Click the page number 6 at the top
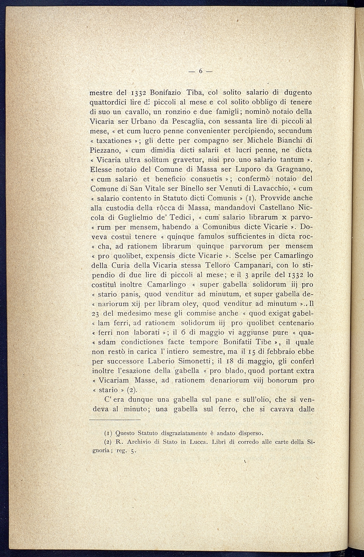[x=200, y=71]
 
